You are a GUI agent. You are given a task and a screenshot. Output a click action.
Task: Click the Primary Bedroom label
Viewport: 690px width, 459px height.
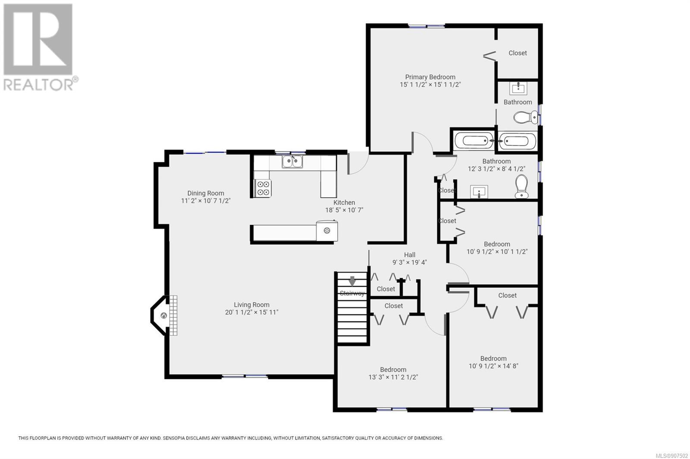tap(430, 77)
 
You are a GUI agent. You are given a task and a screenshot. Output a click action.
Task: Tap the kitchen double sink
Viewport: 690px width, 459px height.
tap(292, 161)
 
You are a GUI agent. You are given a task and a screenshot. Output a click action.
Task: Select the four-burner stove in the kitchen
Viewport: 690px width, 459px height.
tap(263, 188)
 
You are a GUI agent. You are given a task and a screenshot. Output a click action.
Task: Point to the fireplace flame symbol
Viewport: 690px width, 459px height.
tap(164, 315)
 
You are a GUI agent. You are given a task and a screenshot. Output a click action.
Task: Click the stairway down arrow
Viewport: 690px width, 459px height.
tap(352, 281)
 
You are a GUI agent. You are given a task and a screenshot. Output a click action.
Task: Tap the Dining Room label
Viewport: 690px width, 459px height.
tap(206, 193)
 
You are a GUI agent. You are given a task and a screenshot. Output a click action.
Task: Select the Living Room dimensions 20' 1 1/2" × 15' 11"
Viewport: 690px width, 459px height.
tap(252, 312)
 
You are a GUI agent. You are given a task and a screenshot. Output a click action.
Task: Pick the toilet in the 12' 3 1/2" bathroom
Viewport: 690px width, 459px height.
tap(521, 186)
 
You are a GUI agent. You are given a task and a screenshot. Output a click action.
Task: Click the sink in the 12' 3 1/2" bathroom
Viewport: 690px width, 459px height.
tap(479, 192)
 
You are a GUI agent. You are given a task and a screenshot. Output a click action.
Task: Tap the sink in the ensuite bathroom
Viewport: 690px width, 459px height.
tap(518, 88)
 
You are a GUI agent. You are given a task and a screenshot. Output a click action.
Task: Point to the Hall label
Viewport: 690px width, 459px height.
tap(410, 255)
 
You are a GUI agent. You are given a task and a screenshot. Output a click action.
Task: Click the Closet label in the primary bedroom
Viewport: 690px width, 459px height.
tap(517, 53)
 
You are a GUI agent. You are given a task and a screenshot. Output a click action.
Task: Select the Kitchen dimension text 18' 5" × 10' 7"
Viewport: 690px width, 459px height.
tap(345, 210)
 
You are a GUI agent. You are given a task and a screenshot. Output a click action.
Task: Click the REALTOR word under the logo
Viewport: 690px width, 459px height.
tap(38, 84)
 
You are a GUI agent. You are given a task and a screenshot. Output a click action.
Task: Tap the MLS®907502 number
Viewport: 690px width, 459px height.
tap(672, 456)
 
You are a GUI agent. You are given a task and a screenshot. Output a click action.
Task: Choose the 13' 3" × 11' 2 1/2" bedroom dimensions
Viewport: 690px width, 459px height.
tap(393, 377)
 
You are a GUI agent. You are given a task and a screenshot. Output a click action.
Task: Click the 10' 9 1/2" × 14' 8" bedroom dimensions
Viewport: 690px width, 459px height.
tap(493, 366)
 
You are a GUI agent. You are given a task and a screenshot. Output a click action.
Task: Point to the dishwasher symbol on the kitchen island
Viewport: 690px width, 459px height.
tap(327, 230)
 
